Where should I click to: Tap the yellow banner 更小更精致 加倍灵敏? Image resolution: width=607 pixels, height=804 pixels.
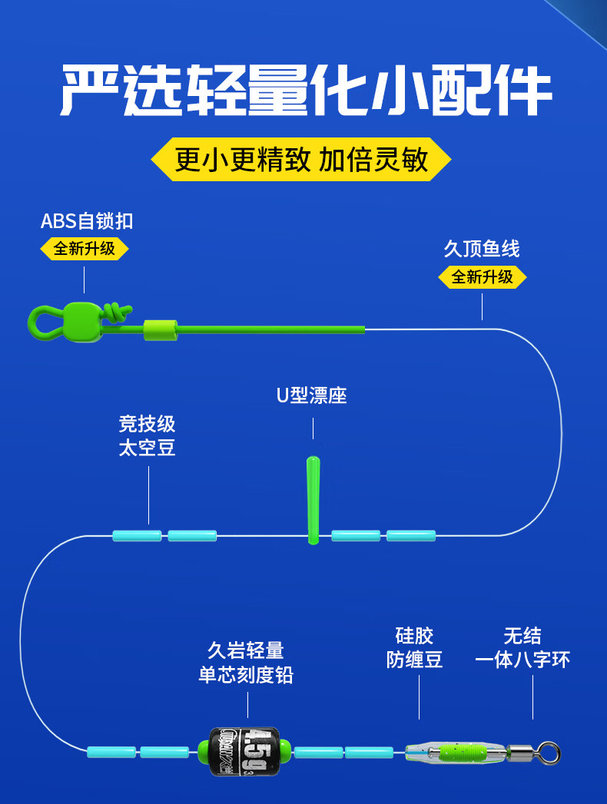point(301,160)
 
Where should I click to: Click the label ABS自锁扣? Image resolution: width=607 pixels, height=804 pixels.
point(87,221)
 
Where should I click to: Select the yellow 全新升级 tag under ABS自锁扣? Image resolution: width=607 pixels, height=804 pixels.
point(84,249)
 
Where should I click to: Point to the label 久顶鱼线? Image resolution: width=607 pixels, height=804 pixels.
point(482,249)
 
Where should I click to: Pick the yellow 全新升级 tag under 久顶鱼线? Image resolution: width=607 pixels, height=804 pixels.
point(482,276)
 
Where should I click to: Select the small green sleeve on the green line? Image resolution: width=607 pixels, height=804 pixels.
point(160,330)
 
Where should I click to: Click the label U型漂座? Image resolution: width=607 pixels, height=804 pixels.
point(312,395)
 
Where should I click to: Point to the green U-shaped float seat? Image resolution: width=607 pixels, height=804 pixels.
point(313,499)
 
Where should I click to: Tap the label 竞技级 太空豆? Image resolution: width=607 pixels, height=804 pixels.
point(148,435)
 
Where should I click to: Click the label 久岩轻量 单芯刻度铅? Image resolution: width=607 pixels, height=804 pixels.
point(246,663)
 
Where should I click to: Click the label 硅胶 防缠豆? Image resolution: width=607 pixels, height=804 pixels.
point(415,647)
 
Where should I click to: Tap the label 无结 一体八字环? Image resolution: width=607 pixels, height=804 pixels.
point(522,647)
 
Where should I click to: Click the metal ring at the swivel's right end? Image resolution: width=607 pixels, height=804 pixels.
point(549,750)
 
